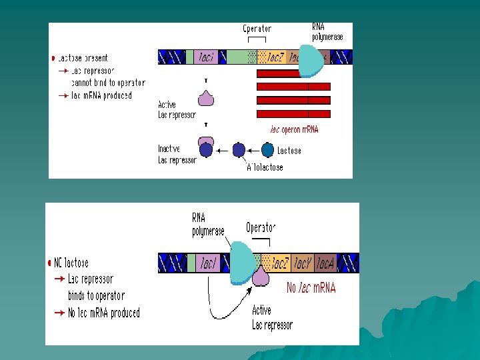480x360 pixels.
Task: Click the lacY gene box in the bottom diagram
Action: [302, 264]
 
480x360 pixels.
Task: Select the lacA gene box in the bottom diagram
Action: [325, 264]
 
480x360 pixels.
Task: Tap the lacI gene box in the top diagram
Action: [206, 57]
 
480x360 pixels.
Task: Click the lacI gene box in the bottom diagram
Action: [208, 264]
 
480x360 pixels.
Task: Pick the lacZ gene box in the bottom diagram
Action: [279, 264]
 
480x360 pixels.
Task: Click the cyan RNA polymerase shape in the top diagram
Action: [309, 61]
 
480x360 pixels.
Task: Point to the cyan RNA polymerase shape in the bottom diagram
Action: [241, 262]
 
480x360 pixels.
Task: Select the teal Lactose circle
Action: [268, 151]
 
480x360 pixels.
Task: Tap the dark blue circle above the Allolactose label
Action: [239, 151]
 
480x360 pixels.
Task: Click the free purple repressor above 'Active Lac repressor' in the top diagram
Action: [206, 98]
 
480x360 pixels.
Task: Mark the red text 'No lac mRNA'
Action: [311, 288]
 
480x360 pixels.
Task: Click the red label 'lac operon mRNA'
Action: [294, 129]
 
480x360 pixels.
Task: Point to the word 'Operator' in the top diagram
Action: [257, 29]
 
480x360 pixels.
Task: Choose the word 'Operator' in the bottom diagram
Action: [261, 227]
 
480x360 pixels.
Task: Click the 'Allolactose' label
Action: [265, 167]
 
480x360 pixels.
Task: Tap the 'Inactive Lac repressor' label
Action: [177, 155]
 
